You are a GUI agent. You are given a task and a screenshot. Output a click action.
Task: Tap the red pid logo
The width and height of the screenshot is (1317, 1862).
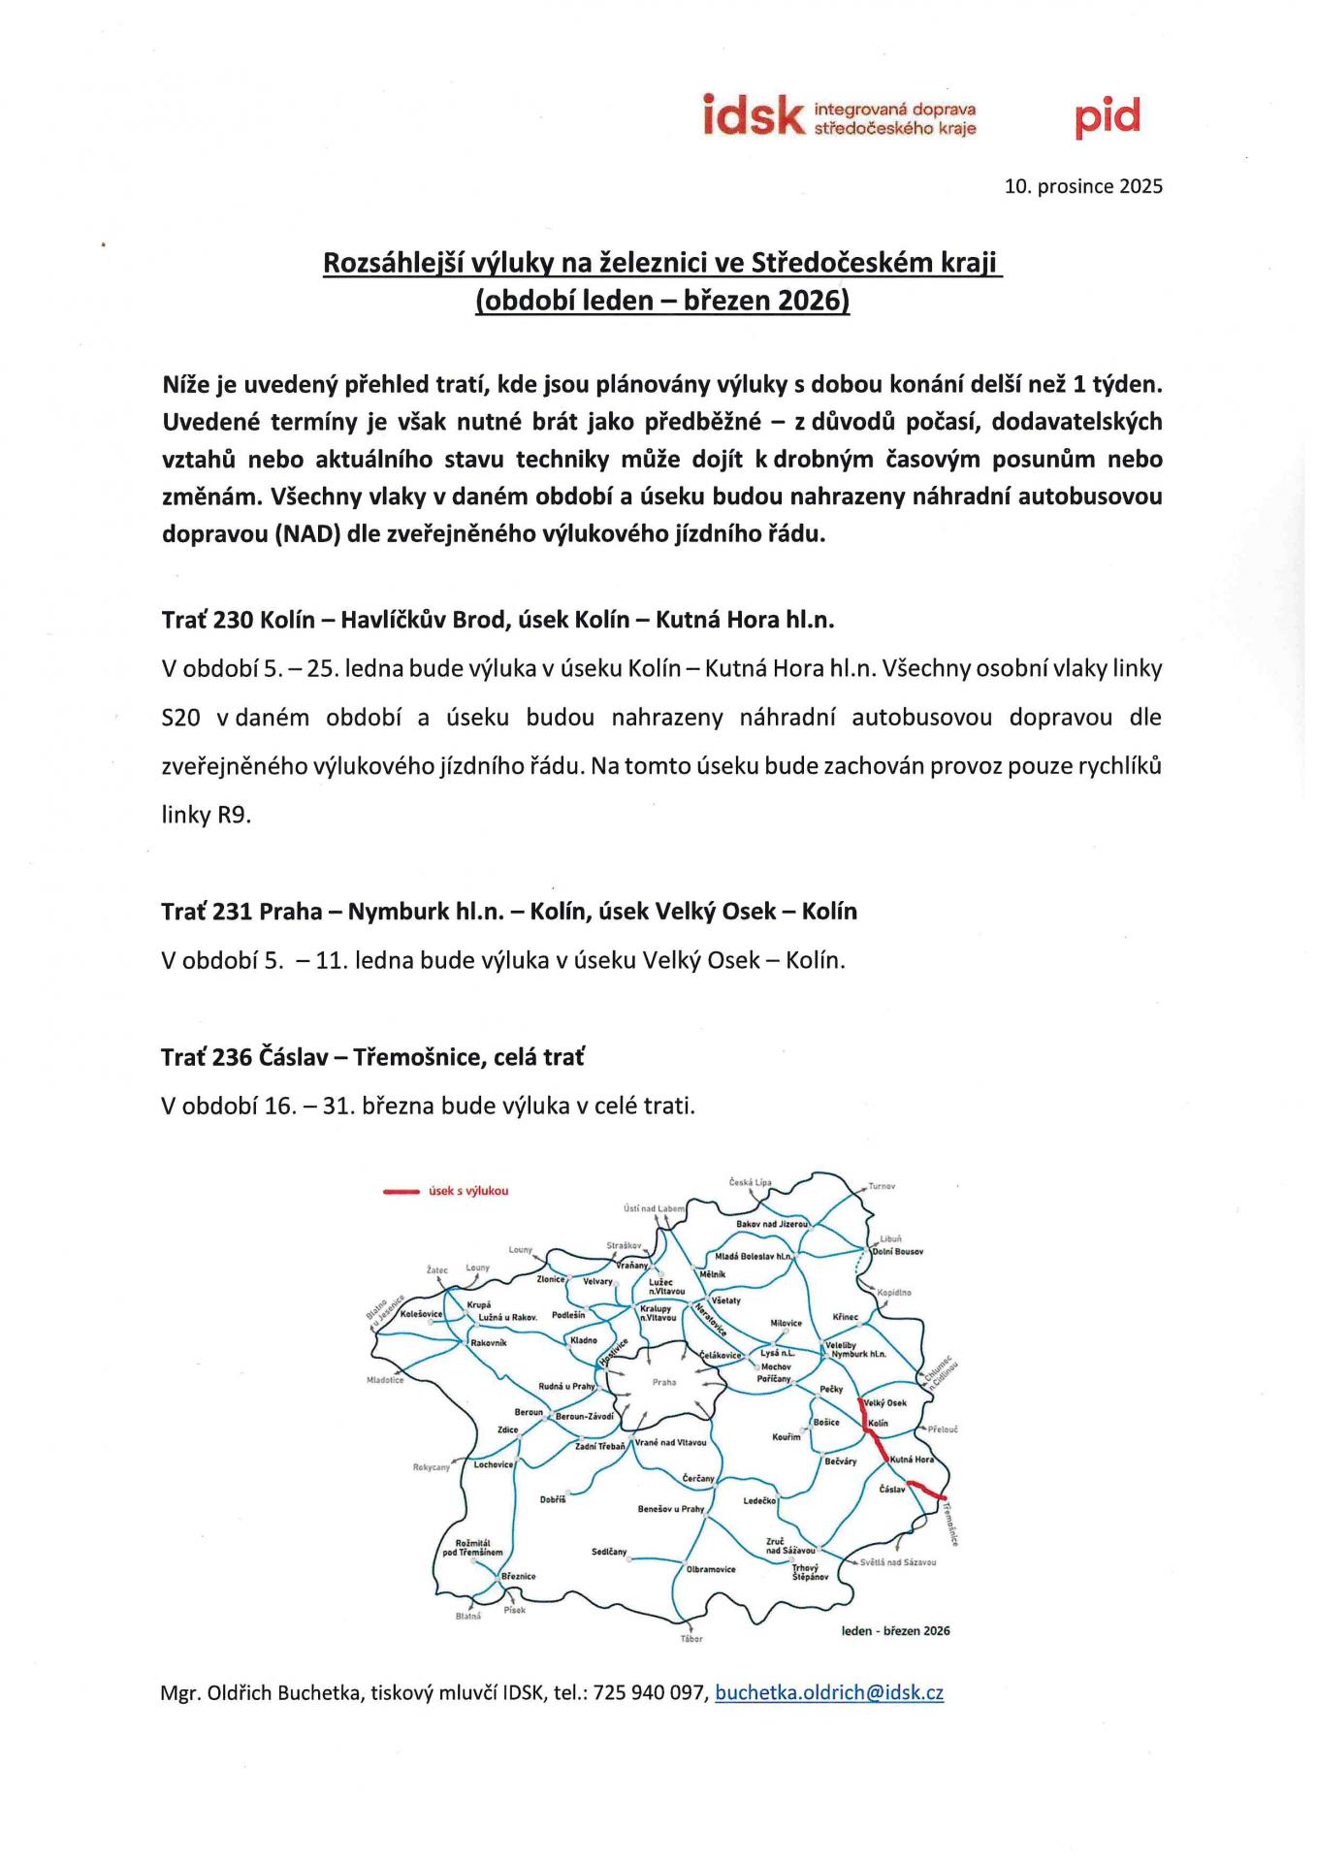click(x=1107, y=118)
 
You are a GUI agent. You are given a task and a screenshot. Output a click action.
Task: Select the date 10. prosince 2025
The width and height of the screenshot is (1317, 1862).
click(x=1082, y=186)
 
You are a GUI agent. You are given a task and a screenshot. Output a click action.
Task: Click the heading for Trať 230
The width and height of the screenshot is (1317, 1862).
click(x=498, y=620)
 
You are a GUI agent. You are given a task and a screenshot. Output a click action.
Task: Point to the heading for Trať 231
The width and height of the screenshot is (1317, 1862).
click(x=509, y=912)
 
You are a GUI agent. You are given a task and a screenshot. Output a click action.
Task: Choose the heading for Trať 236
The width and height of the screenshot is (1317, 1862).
click(x=372, y=1057)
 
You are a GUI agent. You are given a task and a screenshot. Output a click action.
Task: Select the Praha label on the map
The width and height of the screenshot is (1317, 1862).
click(x=664, y=1382)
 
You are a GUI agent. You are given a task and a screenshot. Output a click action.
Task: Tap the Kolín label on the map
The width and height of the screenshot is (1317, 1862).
click(x=878, y=1424)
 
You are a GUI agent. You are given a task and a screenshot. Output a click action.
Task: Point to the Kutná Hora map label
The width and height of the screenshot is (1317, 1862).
click(x=912, y=1460)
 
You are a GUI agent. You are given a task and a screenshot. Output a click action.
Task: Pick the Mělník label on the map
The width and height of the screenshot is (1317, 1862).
click(x=713, y=1273)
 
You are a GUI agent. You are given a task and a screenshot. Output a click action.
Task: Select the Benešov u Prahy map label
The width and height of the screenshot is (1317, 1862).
click(x=671, y=1509)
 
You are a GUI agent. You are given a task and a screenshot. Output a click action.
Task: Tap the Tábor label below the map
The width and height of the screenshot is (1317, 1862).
click(x=691, y=1639)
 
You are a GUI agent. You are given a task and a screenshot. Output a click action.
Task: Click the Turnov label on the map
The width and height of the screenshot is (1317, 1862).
click(x=882, y=1186)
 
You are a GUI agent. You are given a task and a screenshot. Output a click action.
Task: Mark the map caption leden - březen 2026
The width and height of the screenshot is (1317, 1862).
click(x=896, y=1630)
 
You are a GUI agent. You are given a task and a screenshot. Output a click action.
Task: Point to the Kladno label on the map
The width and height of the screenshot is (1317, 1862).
click(x=584, y=1340)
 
